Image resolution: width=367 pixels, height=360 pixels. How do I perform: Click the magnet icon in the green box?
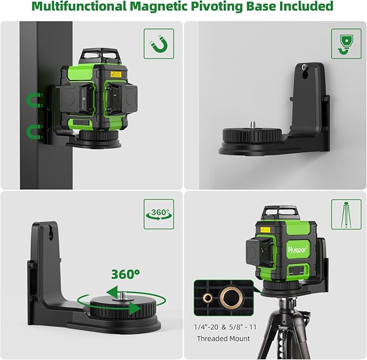(158, 44)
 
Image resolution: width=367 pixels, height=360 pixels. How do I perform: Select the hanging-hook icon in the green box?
(342, 44)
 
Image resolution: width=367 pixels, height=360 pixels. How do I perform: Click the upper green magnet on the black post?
(34, 100)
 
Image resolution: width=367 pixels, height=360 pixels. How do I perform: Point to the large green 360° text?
(126, 274)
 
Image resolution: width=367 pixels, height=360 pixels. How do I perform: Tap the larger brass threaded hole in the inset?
(230, 297)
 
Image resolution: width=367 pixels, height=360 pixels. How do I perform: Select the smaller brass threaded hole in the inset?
(207, 298)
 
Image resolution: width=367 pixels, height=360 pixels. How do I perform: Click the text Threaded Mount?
(223, 338)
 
